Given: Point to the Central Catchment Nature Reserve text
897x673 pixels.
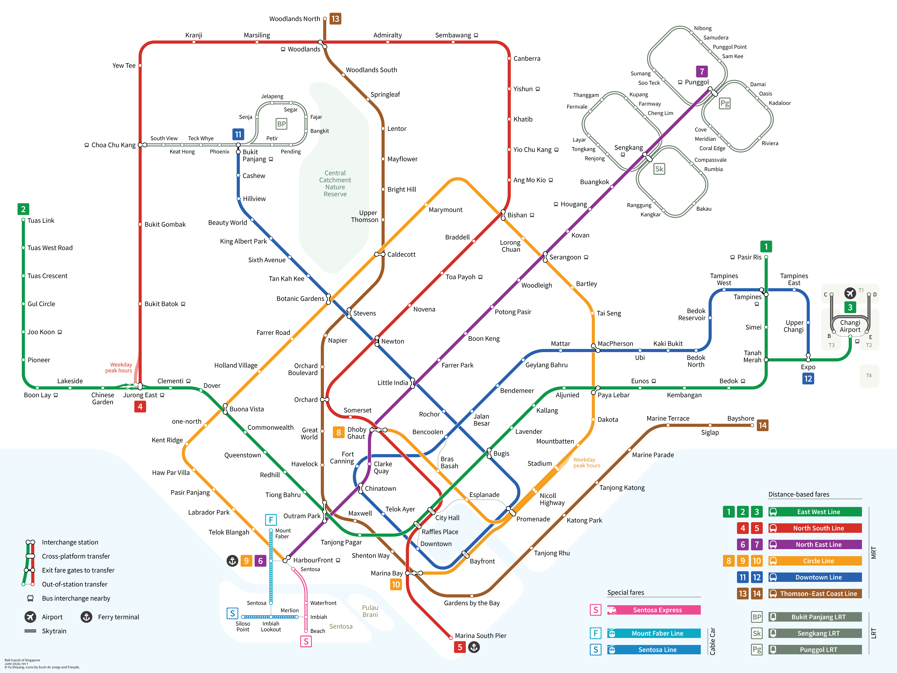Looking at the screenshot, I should click(x=335, y=183).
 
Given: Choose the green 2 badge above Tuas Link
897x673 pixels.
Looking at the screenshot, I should click(x=23, y=209).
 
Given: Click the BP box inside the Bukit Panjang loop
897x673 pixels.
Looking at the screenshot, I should click(x=281, y=124).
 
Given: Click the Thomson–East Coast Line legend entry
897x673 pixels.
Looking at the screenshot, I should click(x=818, y=594).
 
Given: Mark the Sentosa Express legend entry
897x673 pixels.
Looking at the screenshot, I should click(x=657, y=610).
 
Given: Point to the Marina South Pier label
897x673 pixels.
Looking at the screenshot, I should click(x=481, y=636).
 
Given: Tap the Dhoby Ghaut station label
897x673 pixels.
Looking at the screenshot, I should click(x=356, y=433).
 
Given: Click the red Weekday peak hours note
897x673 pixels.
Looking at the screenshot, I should click(x=119, y=367).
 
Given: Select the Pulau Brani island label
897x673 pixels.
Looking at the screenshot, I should click(x=370, y=611).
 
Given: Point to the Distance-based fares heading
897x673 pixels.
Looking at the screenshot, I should click(x=799, y=494).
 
